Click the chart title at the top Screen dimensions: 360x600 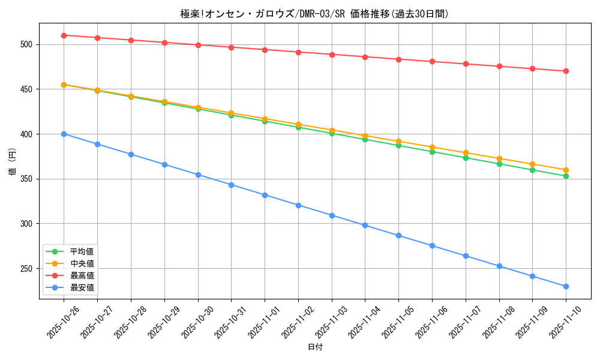pyautogui.click(x=314, y=13)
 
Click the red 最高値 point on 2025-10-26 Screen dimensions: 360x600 pyautogui.click(x=64, y=35)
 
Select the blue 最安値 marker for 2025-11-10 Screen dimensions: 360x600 pyautogui.click(x=566, y=286)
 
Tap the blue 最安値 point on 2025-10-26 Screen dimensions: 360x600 pyautogui.click(x=64, y=134)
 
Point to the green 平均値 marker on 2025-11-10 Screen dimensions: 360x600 pyautogui.click(x=566, y=176)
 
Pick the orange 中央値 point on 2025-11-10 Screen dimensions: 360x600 pyautogui.click(x=566, y=170)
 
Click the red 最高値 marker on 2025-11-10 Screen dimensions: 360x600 pyautogui.click(x=566, y=71)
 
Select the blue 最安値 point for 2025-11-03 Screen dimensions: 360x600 pyautogui.click(x=332, y=215)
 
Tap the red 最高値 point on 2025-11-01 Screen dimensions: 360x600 pyautogui.click(x=265, y=49)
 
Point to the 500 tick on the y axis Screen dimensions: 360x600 pyautogui.click(x=28, y=44)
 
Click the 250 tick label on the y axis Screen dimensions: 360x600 pyautogui.click(x=28, y=268)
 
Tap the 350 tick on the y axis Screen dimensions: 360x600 pyautogui.click(x=28, y=179)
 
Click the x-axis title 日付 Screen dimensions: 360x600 pyautogui.click(x=315, y=347)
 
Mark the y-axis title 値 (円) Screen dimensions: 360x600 pyautogui.click(x=13, y=162)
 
